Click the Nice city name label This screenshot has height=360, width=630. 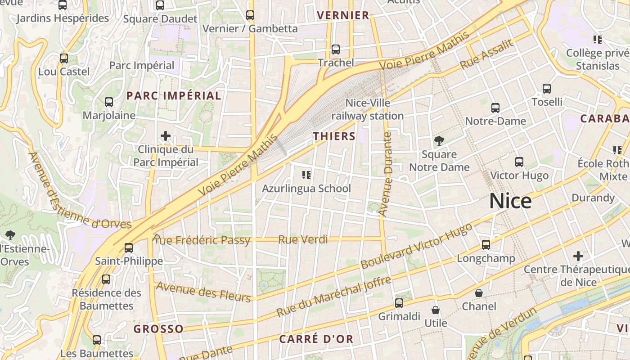[510, 201]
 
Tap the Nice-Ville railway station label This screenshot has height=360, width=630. [368, 109]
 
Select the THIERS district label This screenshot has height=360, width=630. [334, 136]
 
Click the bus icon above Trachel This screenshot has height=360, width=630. [335, 49]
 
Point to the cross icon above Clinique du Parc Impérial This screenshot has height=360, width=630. [166, 135]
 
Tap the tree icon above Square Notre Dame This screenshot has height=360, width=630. [439, 141]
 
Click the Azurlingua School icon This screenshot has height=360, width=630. [306, 175]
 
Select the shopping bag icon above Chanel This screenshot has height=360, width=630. [479, 293]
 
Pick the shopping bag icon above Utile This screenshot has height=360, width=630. [435, 310]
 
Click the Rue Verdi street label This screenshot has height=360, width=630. [303, 239]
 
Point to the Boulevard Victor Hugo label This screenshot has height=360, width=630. [417, 246]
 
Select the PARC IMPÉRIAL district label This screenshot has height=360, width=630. [174, 95]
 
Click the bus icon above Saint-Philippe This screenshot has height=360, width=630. [129, 247]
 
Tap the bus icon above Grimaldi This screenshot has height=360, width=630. [399, 303]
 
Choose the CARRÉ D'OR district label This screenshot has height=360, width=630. [316, 339]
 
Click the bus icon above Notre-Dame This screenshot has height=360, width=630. [495, 108]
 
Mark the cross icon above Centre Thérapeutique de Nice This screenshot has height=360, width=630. [578, 256]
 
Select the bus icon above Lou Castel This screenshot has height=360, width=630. [64, 58]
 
